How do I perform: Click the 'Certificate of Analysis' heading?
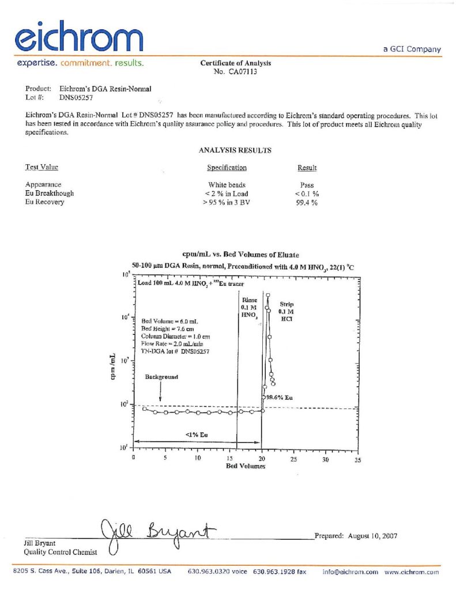pyautogui.click(x=235, y=63)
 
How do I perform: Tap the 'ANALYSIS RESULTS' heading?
pyautogui.click(x=235, y=150)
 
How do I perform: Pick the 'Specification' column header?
pyautogui.click(x=227, y=168)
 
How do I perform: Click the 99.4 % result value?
pyautogui.click(x=307, y=202)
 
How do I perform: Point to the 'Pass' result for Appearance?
pyautogui.click(x=307, y=185)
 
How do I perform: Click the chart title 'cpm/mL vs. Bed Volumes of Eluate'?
pyautogui.click(x=240, y=254)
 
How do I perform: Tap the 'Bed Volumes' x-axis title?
pyautogui.click(x=246, y=466)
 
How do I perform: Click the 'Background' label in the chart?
pyautogui.click(x=161, y=377)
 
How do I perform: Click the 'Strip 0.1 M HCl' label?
pyautogui.click(x=287, y=311)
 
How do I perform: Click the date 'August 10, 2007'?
pyautogui.click(x=372, y=536)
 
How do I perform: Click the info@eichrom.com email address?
pyautogui.click(x=350, y=572)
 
